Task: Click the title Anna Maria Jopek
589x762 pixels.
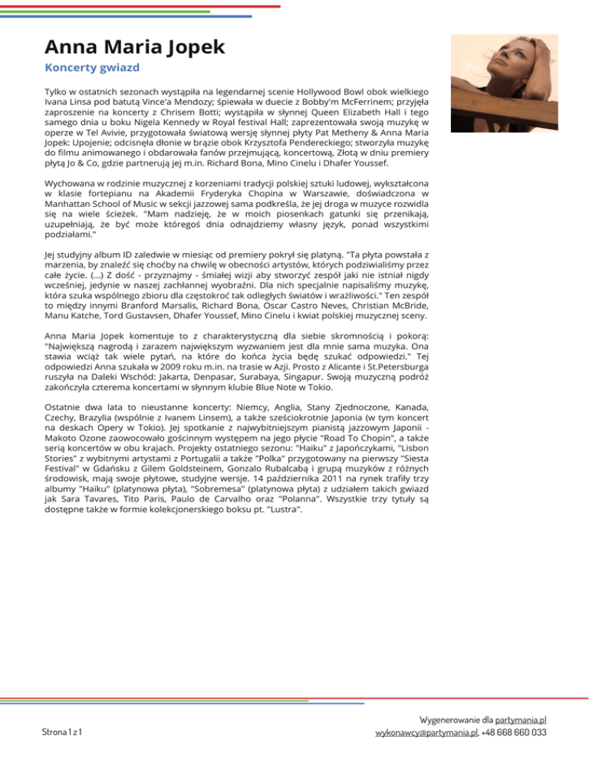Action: (134, 46)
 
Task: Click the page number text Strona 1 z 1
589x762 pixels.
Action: (63, 733)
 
